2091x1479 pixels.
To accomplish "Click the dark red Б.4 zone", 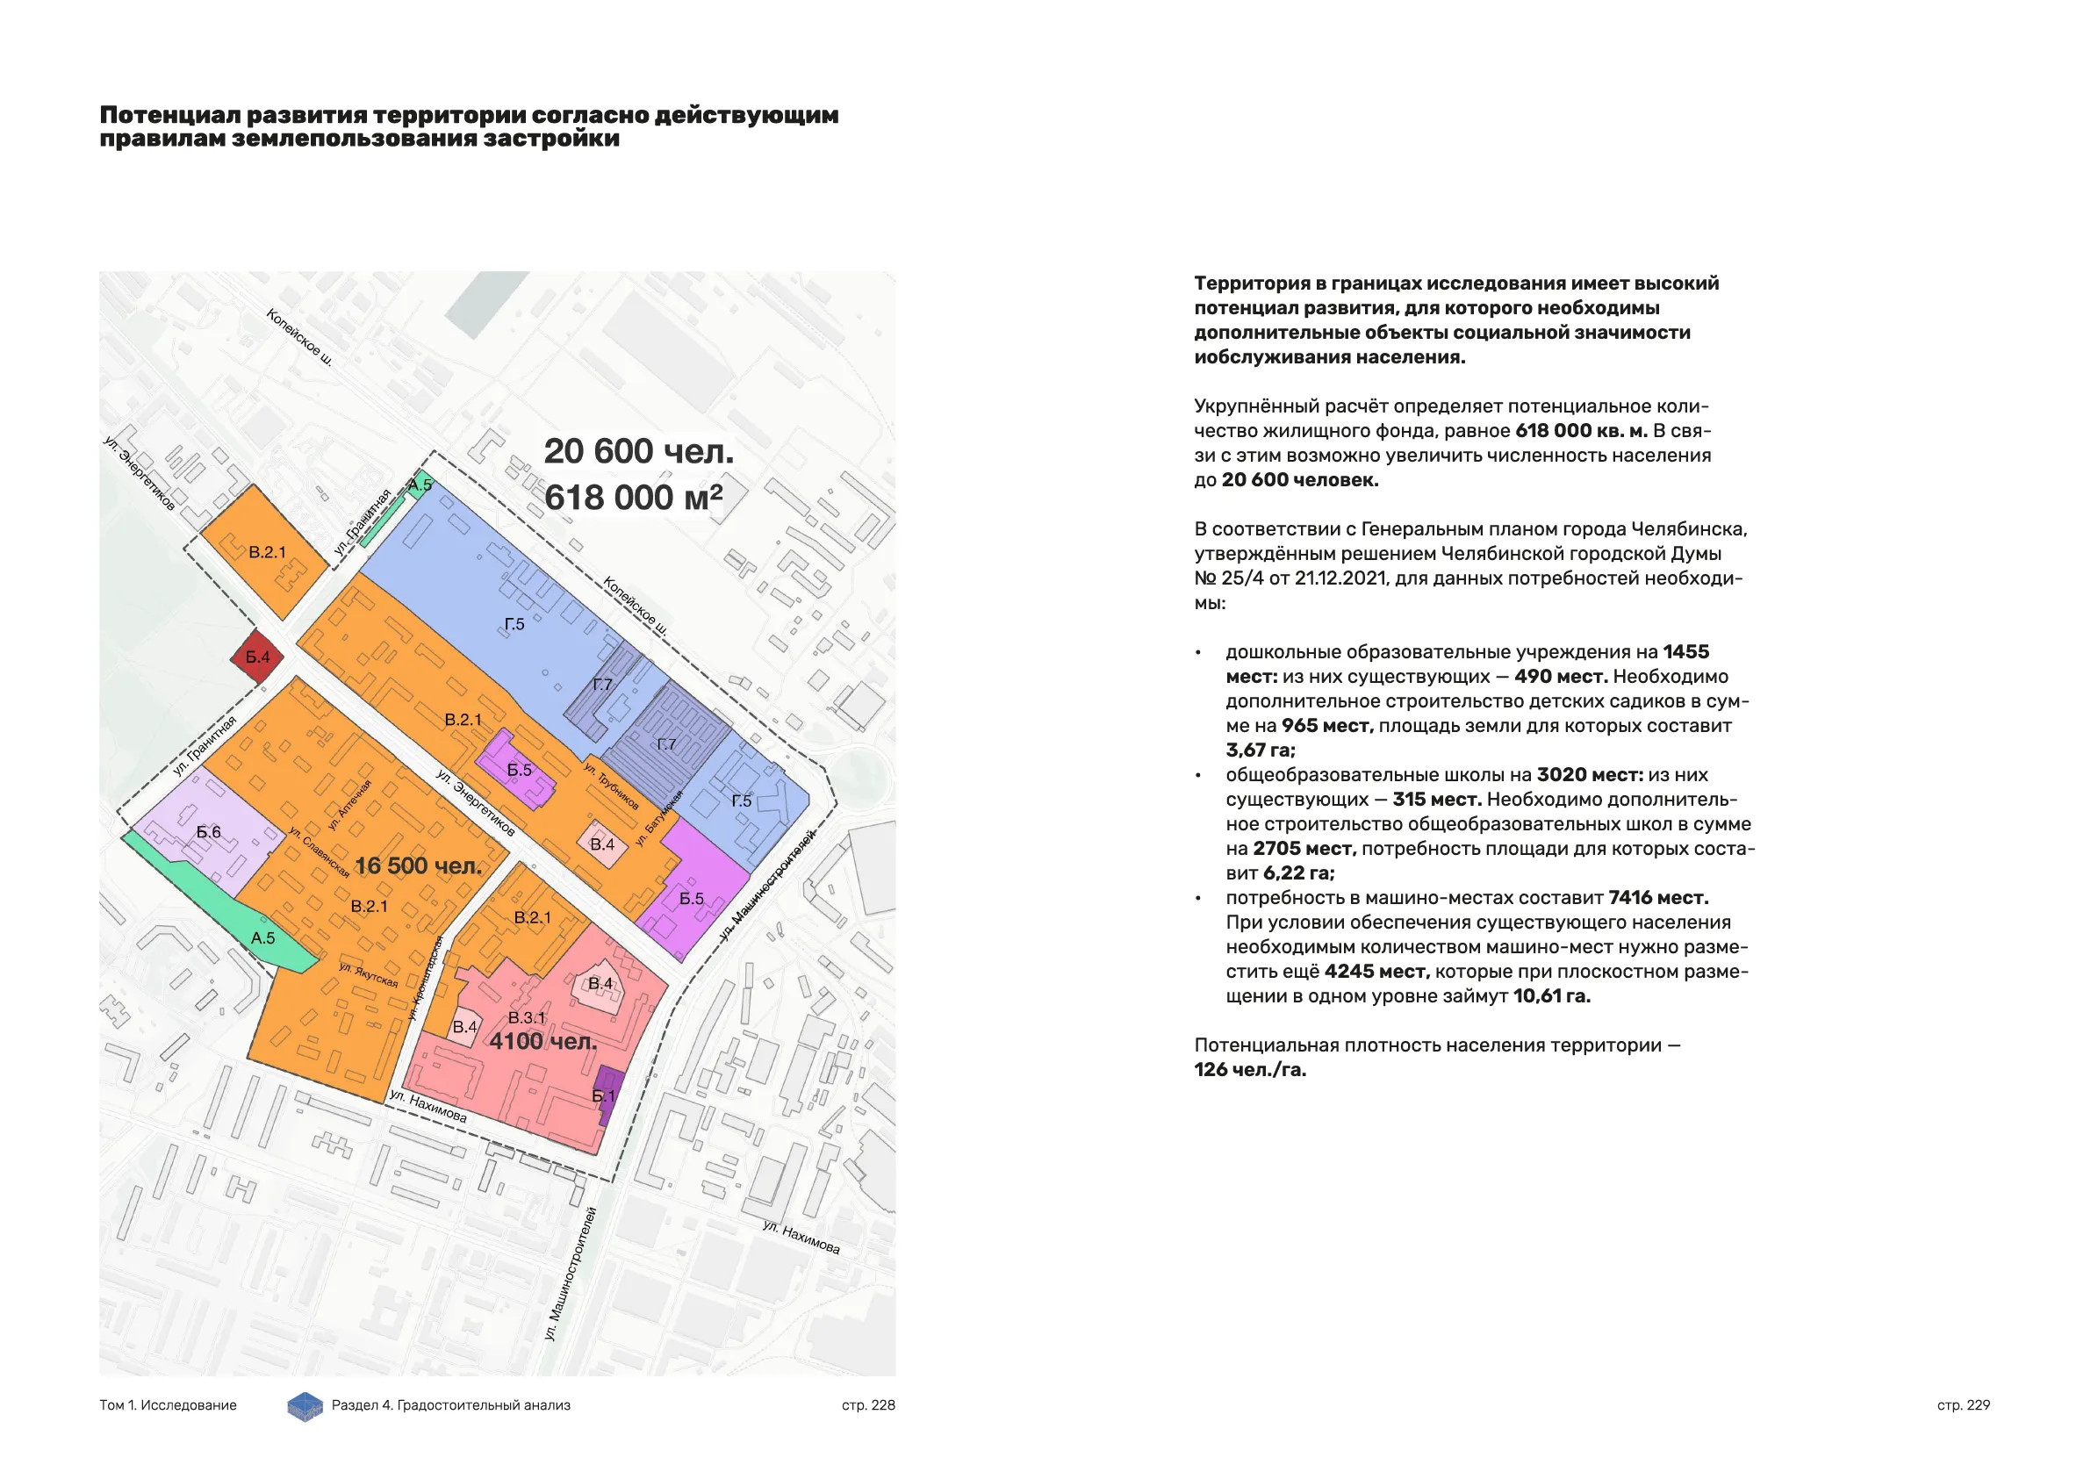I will tap(257, 657).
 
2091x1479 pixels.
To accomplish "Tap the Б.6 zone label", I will tap(209, 831).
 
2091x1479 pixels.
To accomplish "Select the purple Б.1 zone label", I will tap(604, 1095).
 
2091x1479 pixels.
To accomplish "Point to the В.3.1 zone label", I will tap(527, 1017).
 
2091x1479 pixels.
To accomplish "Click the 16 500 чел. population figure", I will tap(418, 865).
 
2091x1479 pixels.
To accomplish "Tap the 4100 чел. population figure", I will tap(543, 1041).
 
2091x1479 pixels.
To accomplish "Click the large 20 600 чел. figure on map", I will tap(638, 451).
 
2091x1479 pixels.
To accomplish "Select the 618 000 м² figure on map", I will tap(633, 498).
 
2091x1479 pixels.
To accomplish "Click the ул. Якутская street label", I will tap(369, 974).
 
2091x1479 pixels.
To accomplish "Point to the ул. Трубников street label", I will tap(611, 786).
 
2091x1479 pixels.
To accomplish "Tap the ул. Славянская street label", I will tap(319, 851).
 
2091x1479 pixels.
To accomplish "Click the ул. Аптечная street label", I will tap(349, 804).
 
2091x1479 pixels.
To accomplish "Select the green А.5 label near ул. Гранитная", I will tap(420, 485).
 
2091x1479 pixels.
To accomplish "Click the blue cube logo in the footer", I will tap(305, 1406).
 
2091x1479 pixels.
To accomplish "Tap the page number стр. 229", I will tap(1964, 1405).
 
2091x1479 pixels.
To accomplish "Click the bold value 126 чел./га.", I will tap(1249, 1070).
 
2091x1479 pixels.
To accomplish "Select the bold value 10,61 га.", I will tap(1552, 996).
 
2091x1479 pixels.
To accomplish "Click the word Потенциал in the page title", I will tap(169, 116).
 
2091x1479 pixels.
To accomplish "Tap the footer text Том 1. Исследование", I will tap(168, 1405).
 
